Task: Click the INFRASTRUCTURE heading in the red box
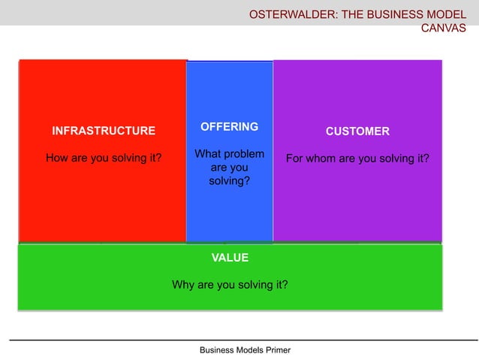104,131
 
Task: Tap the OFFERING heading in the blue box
229,126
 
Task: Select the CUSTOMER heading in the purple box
357,132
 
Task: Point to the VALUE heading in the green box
230,257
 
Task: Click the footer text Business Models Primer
245,350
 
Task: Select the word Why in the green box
183,285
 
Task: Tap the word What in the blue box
208,154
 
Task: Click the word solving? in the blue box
229,181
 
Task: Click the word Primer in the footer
275,350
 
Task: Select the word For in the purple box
295,159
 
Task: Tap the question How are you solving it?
104,159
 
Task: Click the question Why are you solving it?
230,285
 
